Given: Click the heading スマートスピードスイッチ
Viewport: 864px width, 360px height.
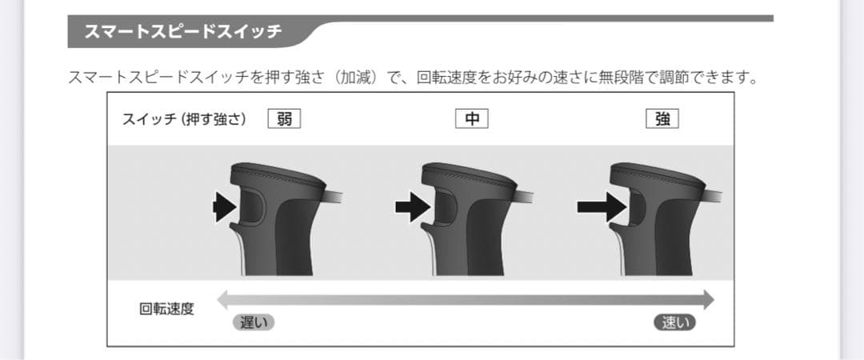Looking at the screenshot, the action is pyautogui.click(x=183, y=31).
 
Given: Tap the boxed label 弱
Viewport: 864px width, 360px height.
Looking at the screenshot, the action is pyautogui.click(x=284, y=119).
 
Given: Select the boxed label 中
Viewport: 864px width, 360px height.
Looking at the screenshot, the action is pyautogui.click(x=472, y=119).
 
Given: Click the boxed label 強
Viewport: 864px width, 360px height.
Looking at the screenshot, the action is pyautogui.click(x=662, y=119).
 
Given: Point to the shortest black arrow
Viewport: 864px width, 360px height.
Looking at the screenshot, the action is pyautogui.click(x=225, y=206).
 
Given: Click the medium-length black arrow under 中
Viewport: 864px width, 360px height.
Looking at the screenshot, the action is pyautogui.click(x=413, y=206).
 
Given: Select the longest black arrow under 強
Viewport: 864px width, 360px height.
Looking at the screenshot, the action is pyautogui.click(x=602, y=206).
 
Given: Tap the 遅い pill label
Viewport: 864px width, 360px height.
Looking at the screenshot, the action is pyautogui.click(x=254, y=322).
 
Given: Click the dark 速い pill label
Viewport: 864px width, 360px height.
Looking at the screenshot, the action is pyautogui.click(x=675, y=322).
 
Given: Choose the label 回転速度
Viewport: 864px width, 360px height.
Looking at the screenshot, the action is pyautogui.click(x=166, y=309).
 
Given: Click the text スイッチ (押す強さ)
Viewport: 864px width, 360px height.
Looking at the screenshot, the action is pyautogui.click(x=184, y=119).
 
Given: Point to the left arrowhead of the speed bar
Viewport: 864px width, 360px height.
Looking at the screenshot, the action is pyautogui.click(x=224, y=300).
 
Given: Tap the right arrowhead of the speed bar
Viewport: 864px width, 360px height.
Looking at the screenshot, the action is pyautogui.click(x=707, y=300).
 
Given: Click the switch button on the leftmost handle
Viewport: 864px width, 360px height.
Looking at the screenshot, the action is pyautogui.click(x=252, y=206).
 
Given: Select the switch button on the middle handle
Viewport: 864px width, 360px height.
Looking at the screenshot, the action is pyautogui.click(x=446, y=207).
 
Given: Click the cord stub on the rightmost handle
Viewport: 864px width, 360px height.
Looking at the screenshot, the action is pyautogui.click(x=711, y=196).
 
